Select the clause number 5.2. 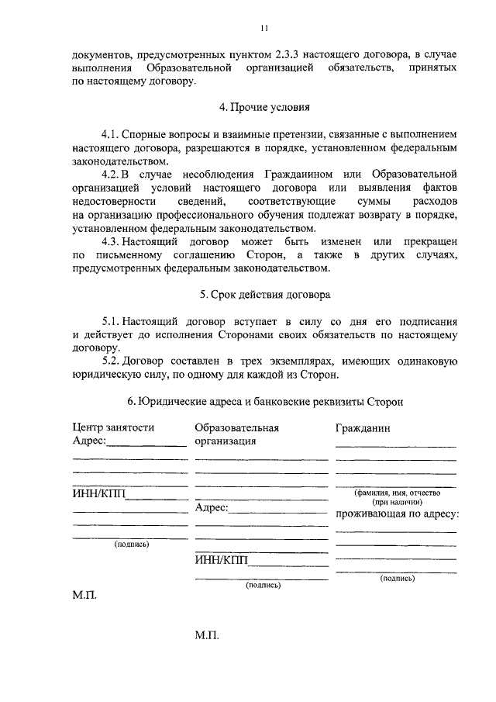coord(113,362)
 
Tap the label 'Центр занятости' coord(113,427)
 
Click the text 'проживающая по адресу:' coord(397,514)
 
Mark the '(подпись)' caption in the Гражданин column coord(395,579)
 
